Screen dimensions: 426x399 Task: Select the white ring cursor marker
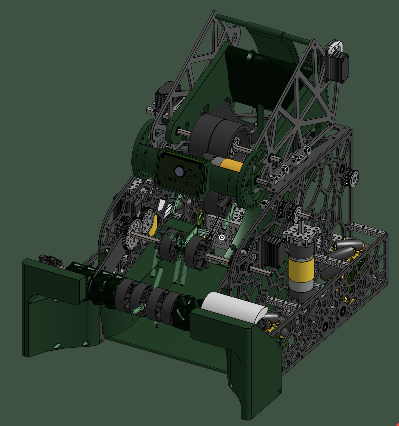[221, 237]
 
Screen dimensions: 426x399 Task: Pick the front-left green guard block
[54, 310]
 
